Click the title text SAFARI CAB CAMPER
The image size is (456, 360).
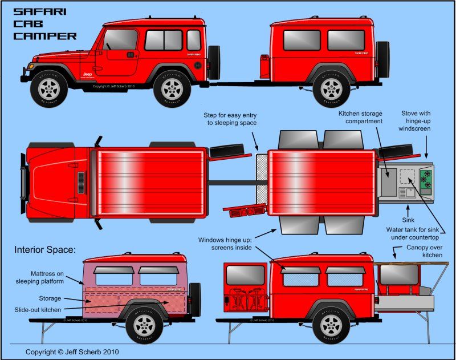(x=44, y=23)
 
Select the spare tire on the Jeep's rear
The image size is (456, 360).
(x=214, y=63)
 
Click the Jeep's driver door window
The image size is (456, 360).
(x=120, y=39)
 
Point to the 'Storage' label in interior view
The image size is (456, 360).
(x=50, y=298)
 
